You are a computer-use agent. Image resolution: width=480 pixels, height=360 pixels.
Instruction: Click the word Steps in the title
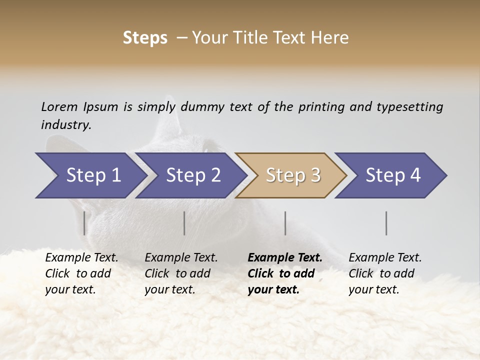pos(145,38)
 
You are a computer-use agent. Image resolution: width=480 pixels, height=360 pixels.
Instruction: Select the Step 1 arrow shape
pos(90,175)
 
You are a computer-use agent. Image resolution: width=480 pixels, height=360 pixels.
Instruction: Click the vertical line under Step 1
pos(84,223)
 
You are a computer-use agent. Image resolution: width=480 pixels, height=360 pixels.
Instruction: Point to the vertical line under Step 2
pos(184,223)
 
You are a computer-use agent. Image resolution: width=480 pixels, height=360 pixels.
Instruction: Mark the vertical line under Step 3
pos(285,223)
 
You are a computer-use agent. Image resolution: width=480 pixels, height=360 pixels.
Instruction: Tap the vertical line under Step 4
pos(386,223)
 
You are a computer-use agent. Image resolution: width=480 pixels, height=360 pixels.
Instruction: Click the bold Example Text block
pos(284,273)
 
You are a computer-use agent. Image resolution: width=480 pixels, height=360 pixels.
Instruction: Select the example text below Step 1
pos(81,273)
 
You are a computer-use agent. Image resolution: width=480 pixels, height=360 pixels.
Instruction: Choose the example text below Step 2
pos(181,273)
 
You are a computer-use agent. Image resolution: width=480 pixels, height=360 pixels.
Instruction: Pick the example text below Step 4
pos(385,273)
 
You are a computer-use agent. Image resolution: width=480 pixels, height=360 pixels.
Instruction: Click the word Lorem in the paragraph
pos(59,107)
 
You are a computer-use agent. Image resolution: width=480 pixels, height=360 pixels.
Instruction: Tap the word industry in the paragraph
pos(65,125)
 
